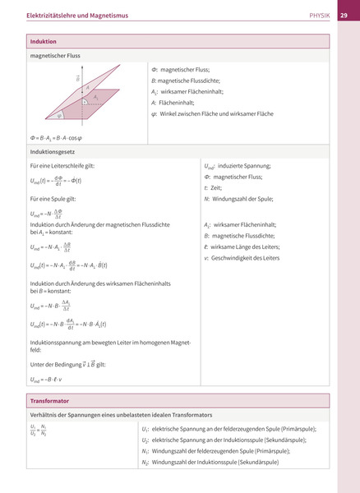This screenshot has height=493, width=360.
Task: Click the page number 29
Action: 344,15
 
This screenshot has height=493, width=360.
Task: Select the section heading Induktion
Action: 43,41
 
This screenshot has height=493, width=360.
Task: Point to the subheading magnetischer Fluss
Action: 54,56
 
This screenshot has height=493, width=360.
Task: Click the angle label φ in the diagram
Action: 59,116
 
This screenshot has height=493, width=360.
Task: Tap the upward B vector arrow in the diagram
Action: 80,85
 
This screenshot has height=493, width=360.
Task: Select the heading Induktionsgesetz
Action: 53,152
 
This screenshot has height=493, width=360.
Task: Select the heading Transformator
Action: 48,401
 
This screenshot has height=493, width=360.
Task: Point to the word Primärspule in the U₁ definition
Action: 295,429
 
